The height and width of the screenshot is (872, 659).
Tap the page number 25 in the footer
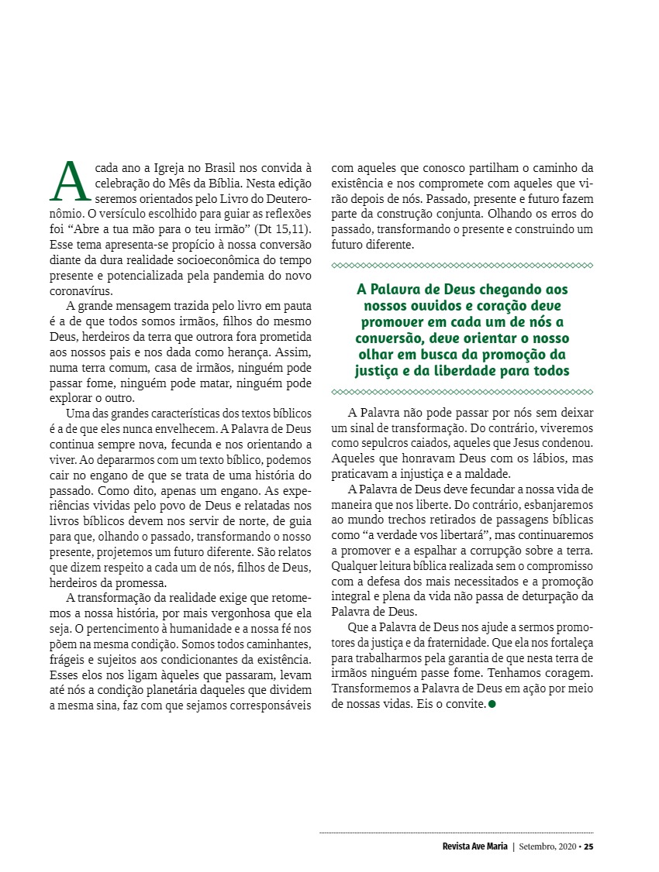click(588, 846)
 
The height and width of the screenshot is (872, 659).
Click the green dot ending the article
click(492, 704)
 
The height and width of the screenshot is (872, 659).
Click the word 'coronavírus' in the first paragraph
click(81, 292)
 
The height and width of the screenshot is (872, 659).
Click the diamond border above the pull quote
click(461, 266)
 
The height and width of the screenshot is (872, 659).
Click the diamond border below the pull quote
click(461, 393)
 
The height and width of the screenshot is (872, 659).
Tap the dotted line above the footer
click(457, 833)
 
